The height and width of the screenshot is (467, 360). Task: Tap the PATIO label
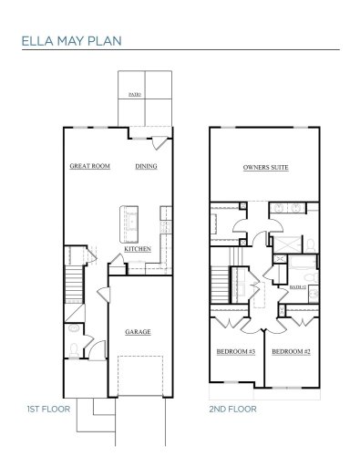click(x=134, y=94)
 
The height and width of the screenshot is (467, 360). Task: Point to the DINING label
click(x=146, y=167)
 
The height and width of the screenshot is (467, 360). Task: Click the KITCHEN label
click(x=138, y=248)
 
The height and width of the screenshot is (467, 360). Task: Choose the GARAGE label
click(x=138, y=331)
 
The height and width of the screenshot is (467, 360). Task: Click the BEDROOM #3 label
click(x=235, y=352)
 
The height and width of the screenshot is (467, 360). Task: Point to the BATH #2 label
click(x=297, y=286)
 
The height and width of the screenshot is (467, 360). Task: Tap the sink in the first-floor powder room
click(x=73, y=327)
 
